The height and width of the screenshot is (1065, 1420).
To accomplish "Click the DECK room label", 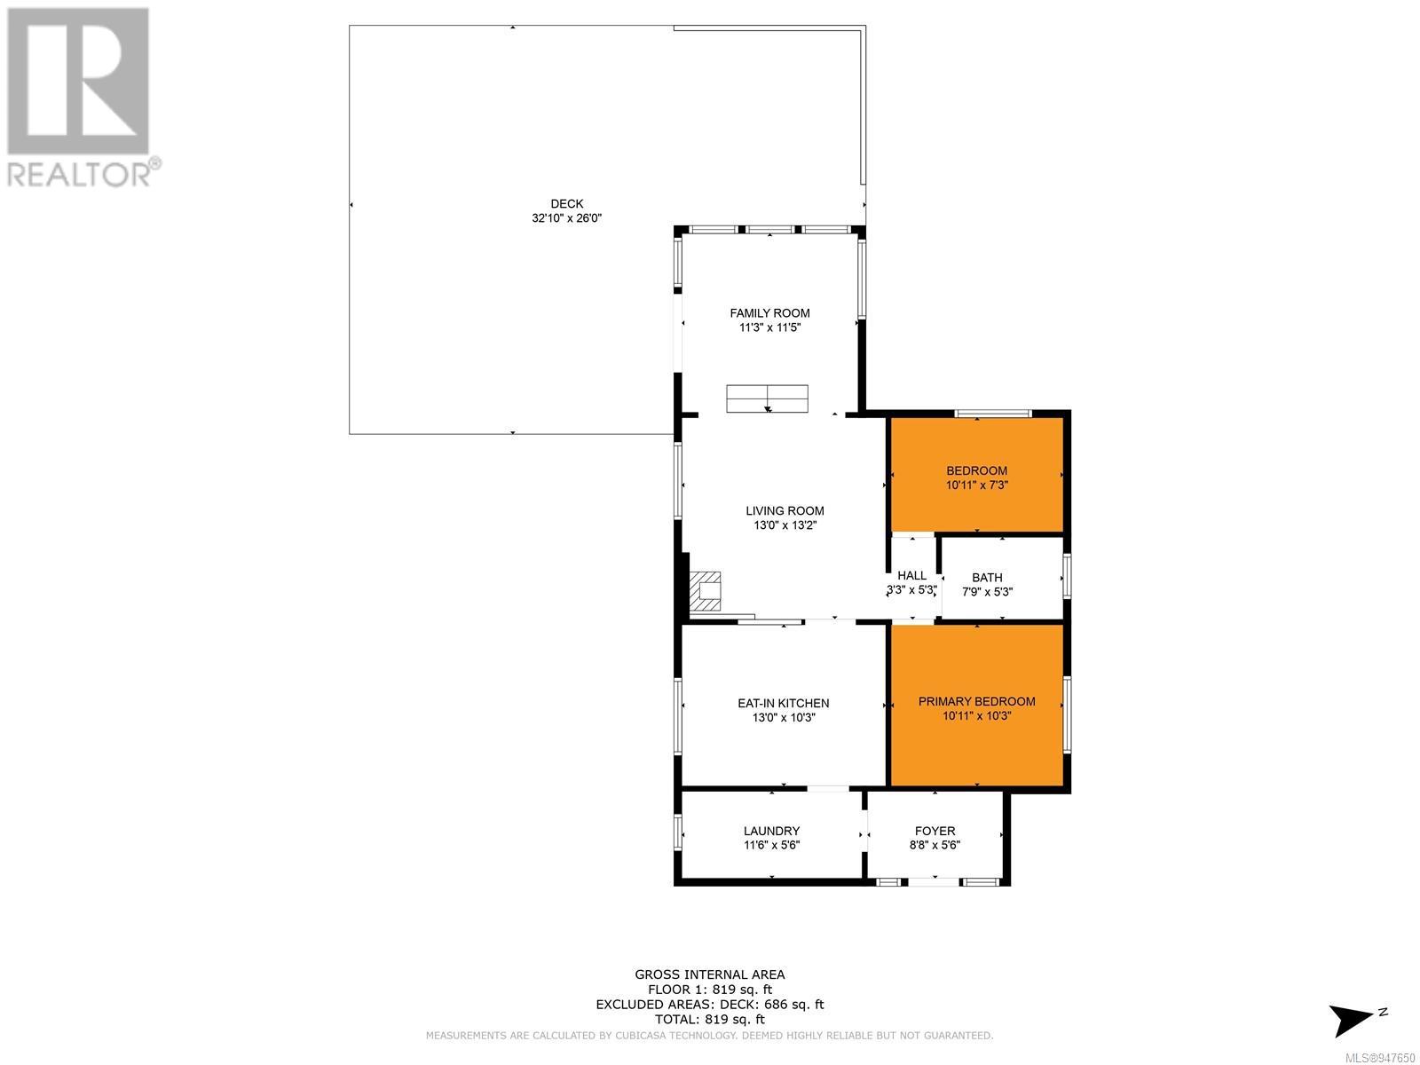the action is [567, 204].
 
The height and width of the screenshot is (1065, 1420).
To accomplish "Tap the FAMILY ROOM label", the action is [769, 313].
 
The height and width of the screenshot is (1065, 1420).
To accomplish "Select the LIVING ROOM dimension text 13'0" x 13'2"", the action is [785, 525].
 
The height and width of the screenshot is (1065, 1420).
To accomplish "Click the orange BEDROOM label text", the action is [976, 470].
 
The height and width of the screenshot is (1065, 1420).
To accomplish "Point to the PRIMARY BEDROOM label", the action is [976, 702].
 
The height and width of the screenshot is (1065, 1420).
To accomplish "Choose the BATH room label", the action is [987, 578].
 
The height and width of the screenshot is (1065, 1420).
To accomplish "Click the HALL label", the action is [911, 575].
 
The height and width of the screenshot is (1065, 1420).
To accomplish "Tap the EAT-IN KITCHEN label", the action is [783, 703].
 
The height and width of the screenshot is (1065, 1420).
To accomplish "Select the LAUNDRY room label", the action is [771, 831].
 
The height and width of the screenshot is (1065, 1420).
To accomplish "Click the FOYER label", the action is [935, 831].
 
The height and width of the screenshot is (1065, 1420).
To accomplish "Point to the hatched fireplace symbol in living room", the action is [705, 591].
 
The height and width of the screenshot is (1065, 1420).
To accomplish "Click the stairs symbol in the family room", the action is [767, 398].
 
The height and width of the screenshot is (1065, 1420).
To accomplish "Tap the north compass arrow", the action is [1351, 1021].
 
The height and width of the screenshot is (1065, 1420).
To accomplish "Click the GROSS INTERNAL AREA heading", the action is [709, 974].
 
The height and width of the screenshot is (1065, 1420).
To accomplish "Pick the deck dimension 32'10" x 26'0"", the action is [567, 218].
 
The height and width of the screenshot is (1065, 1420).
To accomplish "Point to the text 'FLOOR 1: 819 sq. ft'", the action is [710, 990].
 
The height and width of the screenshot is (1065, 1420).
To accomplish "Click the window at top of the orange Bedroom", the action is [992, 414].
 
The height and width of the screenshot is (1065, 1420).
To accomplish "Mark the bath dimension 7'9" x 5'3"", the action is [987, 592].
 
